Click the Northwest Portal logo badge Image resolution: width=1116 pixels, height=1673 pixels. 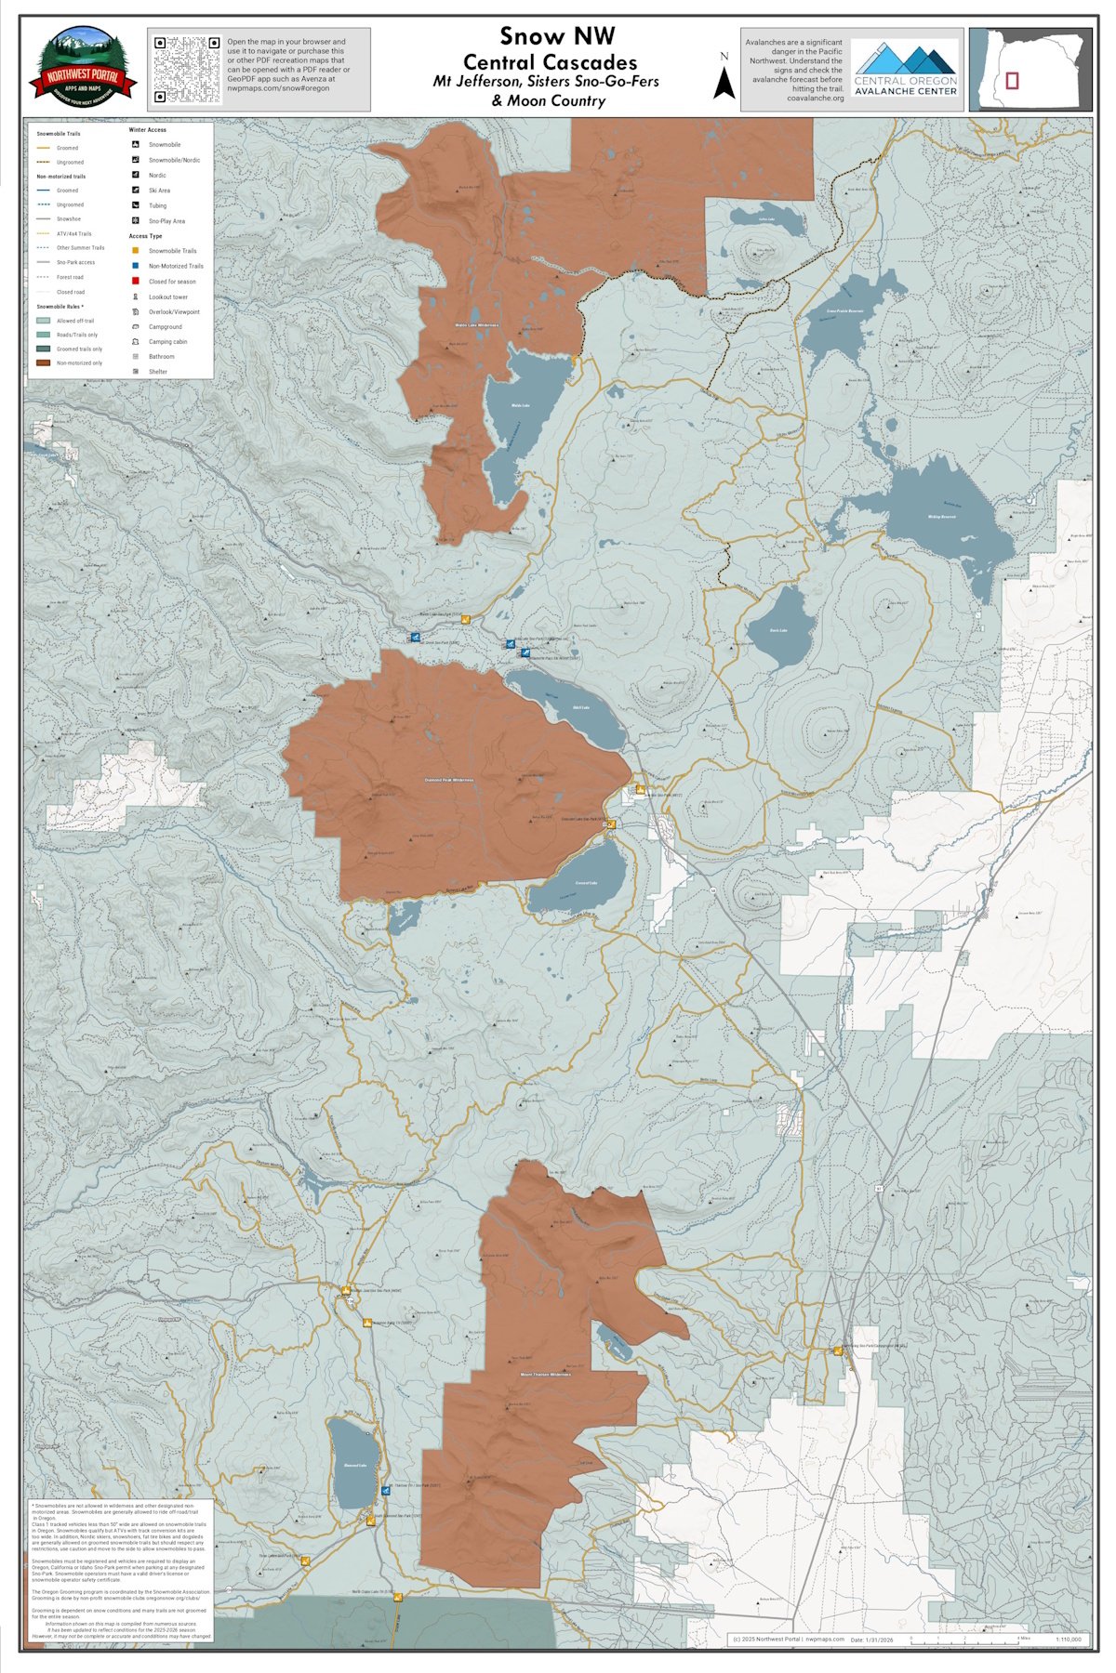click(x=84, y=68)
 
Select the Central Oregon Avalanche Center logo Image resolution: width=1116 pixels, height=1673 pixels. click(x=905, y=69)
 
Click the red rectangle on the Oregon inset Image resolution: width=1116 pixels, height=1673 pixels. click(x=1012, y=80)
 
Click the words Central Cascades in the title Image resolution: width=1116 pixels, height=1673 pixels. click(x=550, y=62)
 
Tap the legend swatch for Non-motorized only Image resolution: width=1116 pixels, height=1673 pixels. click(x=44, y=362)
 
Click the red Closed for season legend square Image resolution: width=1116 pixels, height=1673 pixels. click(x=136, y=281)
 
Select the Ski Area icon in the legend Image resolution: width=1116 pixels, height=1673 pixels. click(x=136, y=190)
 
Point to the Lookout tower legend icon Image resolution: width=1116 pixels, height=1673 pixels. click(x=136, y=296)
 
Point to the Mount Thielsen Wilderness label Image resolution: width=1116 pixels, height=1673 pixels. click(x=544, y=1374)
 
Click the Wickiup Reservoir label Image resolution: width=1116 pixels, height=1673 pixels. click(x=941, y=517)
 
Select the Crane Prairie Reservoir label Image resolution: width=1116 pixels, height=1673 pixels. click(x=844, y=310)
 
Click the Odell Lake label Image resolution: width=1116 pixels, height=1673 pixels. click(x=580, y=707)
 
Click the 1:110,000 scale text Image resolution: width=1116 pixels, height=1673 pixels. click(x=1069, y=1640)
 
